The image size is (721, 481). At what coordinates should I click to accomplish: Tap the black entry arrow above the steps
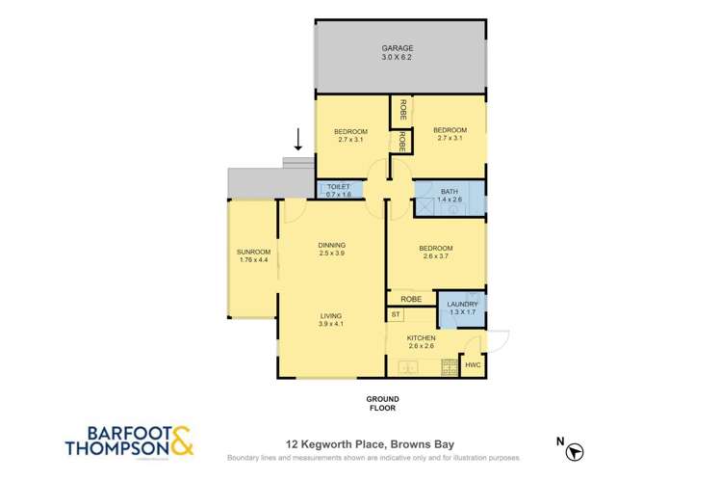(x=298, y=141)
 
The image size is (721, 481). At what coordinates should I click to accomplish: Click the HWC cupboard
(x=473, y=365)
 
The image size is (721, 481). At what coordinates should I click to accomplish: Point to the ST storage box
(x=396, y=315)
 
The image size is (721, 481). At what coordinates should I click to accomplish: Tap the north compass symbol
(x=576, y=450)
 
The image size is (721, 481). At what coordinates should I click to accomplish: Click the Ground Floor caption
(x=381, y=403)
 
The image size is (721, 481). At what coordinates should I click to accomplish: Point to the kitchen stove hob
(x=449, y=367)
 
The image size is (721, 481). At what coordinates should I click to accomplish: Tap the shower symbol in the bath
(x=424, y=204)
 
